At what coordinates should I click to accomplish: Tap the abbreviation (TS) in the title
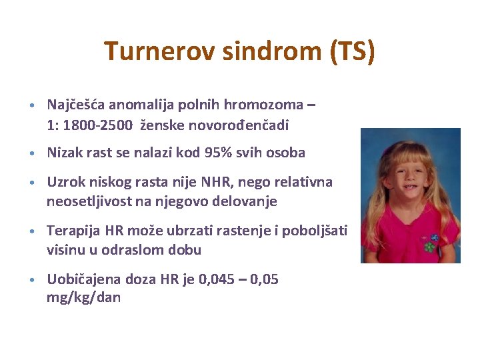click(x=353, y=51)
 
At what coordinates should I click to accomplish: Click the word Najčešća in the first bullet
click(x=76, y=105)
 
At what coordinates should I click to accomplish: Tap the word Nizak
click(x=63, y=153)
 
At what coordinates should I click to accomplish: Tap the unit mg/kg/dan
click(x=83, y=298)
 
